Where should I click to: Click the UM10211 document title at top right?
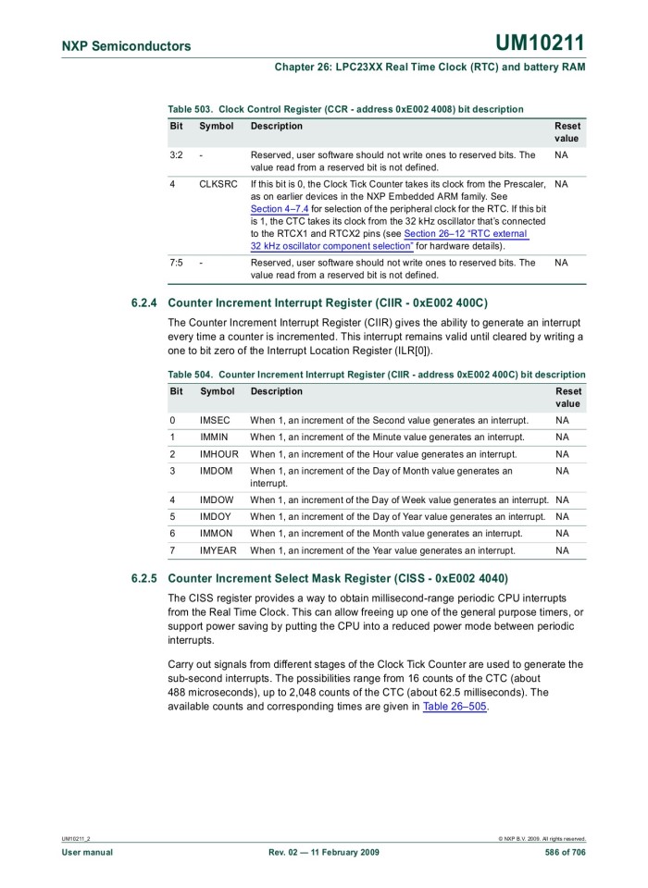(540, 43)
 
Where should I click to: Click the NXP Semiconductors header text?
(127, 46)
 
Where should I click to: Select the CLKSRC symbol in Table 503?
(218, 184)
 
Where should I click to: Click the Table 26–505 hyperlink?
(454, 706)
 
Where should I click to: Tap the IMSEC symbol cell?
(215, 420)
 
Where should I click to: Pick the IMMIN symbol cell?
(215, 437)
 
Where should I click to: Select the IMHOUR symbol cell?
(218, 454)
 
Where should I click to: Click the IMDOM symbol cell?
(216, 471)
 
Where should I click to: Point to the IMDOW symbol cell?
(217, 499)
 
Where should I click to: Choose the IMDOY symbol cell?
(216, 516)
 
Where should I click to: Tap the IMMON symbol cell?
(216, 533)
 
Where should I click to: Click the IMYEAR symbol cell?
(218, 550)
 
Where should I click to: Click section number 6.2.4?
(144, 302)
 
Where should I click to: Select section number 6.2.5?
(144, 578)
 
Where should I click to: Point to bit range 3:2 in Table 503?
(176, 155)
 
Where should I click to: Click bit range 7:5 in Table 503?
(176, 263)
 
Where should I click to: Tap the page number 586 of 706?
(565, 852)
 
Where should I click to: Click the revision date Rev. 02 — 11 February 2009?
(323, 852)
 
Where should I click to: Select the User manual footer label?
(87, 852)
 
